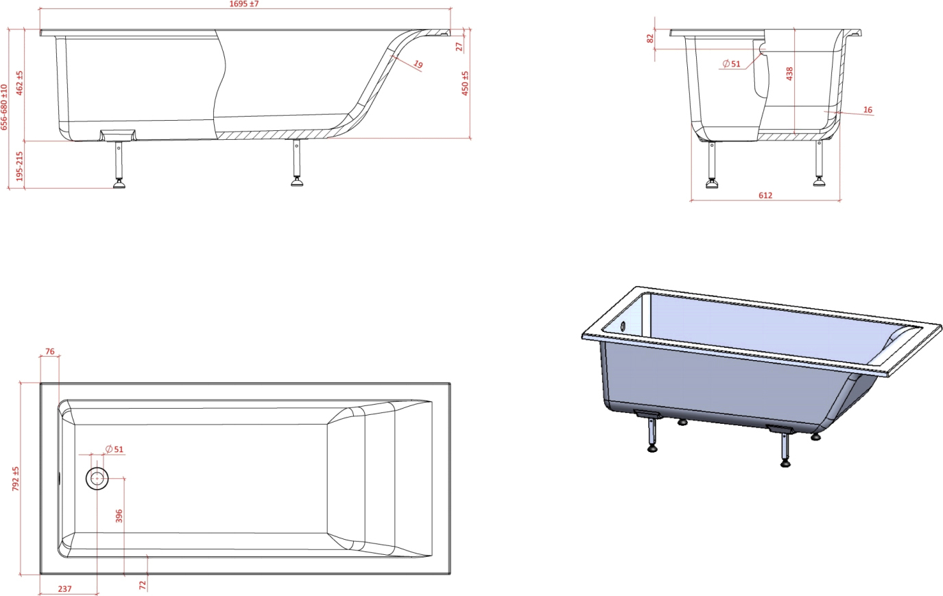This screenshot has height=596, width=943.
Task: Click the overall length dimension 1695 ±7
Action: pyautogui.click(x=243, y=4)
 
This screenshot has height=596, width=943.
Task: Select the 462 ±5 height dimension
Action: pyautogui.click(x=19, y=83)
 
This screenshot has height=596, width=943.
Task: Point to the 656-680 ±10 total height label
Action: pyautogui.click(x=4, y=107)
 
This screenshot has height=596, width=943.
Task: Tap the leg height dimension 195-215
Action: pyautogui.click(x=19, y=166)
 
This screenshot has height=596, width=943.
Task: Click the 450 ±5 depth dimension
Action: pyautogui.click(x=465, y=84)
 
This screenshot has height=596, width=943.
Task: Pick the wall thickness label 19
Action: pyautogui.click(x=418, y=64)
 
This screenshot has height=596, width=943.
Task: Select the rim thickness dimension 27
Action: pyautogui.click(x=459, y=47)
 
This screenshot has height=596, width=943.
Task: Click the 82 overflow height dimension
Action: pyautogui.click(x=650, y=38)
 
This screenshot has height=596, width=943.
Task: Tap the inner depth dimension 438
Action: pyautogui.click(x=790, y=73)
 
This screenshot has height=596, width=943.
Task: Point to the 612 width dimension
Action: pyautogui.click(x=765, y=195)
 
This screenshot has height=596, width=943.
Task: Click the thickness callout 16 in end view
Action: pyautogui.click(x=868, y=110)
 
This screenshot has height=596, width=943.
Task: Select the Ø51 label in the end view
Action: pyautogui.click(x=731, y=64)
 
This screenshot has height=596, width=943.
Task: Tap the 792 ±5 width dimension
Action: pyautogui.click(x=16, y=479)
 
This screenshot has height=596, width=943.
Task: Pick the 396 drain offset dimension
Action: pyautogui.click(x=119, y=516)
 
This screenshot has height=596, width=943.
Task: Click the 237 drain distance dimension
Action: pyautogui.click(x=64, y=589)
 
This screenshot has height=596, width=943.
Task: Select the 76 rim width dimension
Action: pyautogui.click(x=49, y=351)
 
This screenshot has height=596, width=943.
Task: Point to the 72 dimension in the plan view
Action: pyautogui.click(x=142, y=585)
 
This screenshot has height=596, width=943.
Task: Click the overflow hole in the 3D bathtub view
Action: pyautogui.click(x=623, y=325)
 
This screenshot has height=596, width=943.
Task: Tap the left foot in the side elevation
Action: pyautogui.click(x=119, y=183)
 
